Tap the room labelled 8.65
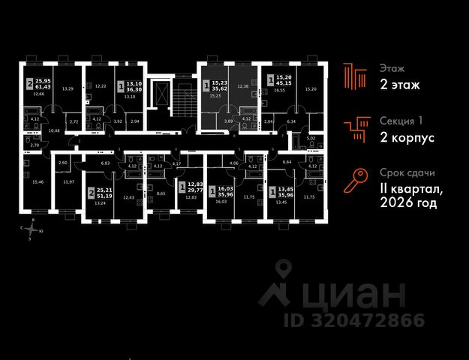coord(161,193)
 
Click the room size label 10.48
coord(53,130)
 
